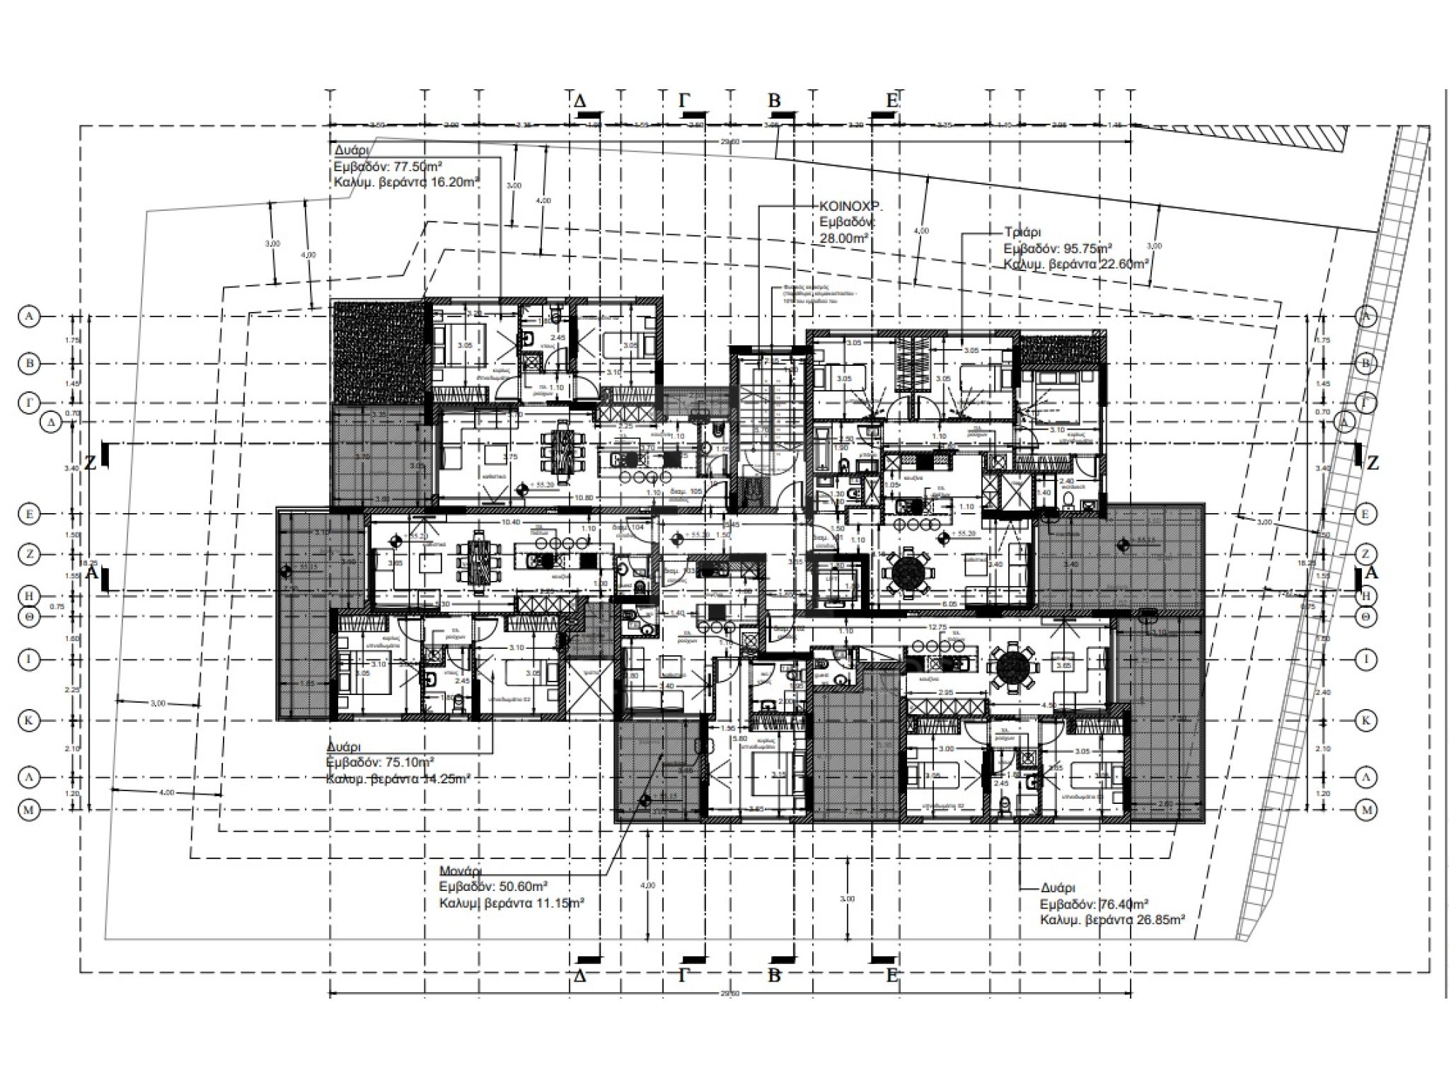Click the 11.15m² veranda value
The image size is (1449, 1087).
click(556, 903)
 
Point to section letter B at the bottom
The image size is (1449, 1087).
click(774, 976)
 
